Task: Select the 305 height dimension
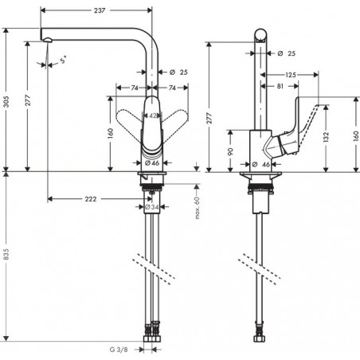pyautogui.click(x=6, y=100)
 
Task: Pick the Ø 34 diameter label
pyautogui.click(x=151, y=208)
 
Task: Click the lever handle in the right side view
pyautogui.click(x=302, y=128)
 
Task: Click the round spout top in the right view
pyautogui.click(x=261, y=35)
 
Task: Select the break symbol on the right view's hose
pyautogui.click(x=261, y=264)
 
